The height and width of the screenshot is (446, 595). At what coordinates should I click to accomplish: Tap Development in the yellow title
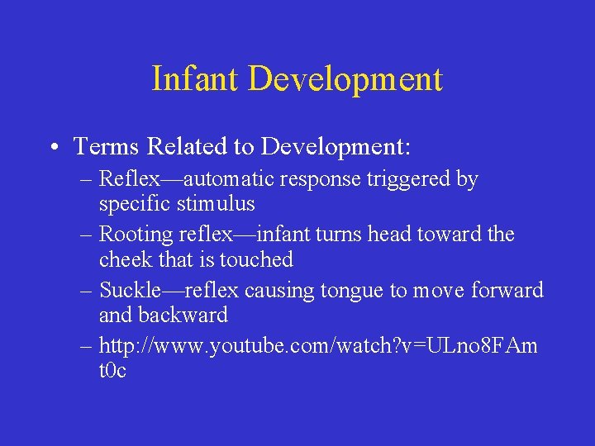pyautogui.click(x=345, y=79)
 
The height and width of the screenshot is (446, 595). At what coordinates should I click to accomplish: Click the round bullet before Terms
pyautogui.click(x=52, y=148)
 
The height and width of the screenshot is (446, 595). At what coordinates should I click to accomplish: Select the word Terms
pyautogui.click(x=107, y=147)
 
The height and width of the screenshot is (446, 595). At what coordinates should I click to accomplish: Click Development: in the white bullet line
pyautogui.click(x=336, y=147)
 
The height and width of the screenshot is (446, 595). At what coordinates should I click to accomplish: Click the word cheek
pyautogui.click(x=125, y=259)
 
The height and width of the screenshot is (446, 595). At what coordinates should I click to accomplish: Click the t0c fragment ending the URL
pyautogui.click(x=112, y=371)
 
